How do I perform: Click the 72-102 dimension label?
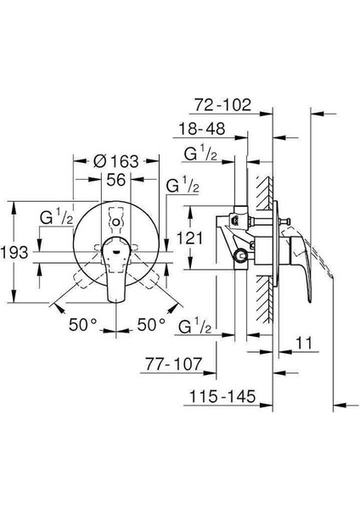tap(222, 105)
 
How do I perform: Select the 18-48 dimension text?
tap(202, 129)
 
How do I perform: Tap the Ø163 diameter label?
tap(116, 161)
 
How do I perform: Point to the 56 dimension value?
tap(116, 180)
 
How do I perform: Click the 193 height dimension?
tap(14, 252)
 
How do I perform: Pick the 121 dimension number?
tap(189, 238)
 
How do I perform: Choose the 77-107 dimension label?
tap(173, 364)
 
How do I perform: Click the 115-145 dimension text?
tap(222, 396)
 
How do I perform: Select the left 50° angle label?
tap(83, 324)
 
